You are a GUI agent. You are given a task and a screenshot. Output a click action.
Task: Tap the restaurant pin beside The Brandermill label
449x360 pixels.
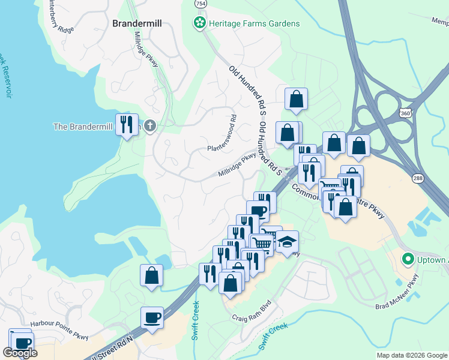[127, 124]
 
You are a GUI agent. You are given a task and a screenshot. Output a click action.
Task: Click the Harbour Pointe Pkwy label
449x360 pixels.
[60, 323]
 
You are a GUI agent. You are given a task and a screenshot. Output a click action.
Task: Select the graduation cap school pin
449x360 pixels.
[288, 242]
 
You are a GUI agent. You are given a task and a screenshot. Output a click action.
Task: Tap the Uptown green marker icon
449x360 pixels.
[408, 259]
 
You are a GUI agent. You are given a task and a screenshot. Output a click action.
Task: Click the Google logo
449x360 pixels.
[20, 353]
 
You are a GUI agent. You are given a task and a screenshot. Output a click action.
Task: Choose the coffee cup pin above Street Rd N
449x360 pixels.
[152, 317]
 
